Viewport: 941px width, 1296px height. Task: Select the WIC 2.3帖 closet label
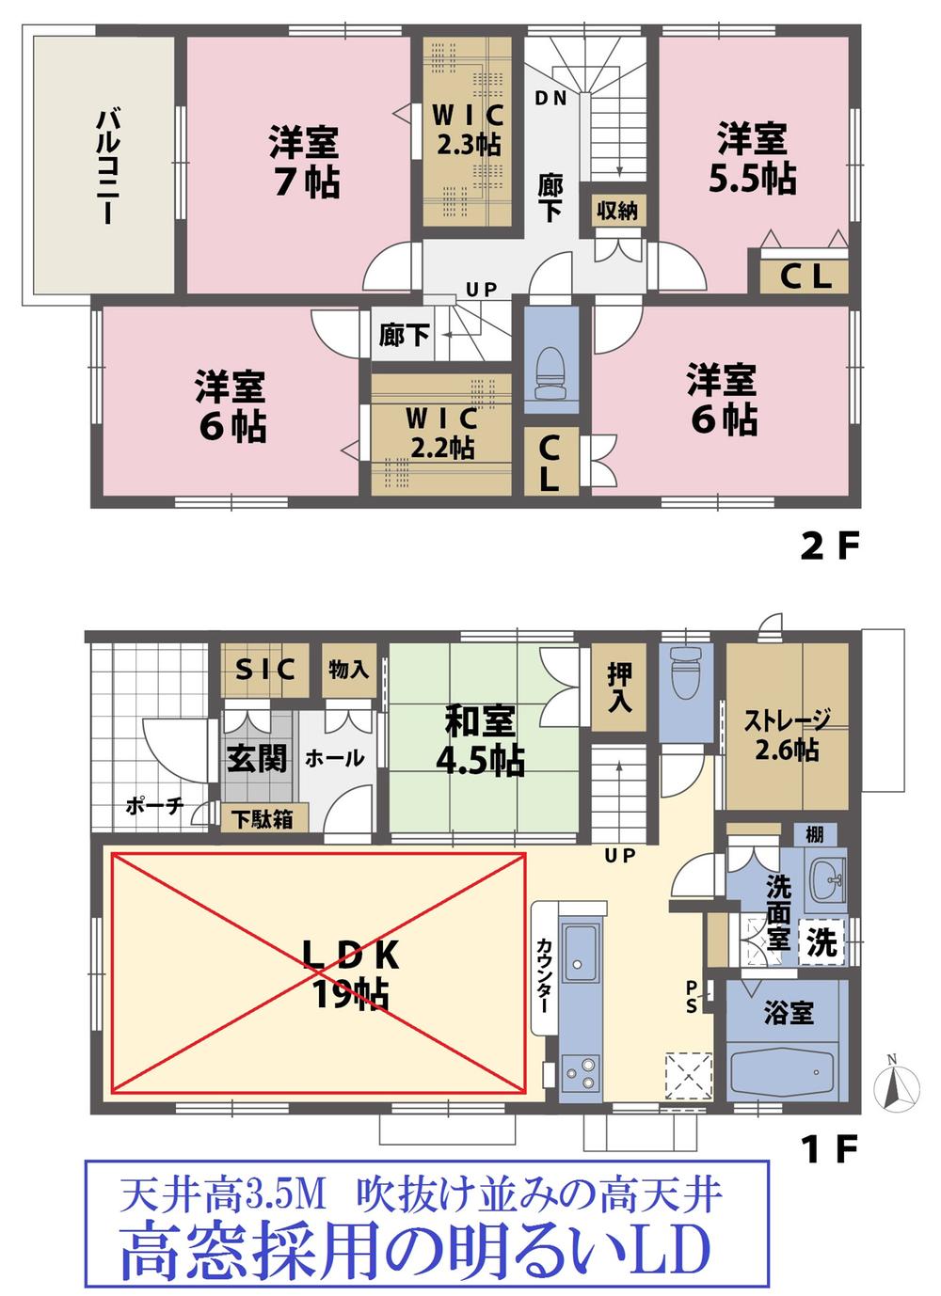(x=467, y=130)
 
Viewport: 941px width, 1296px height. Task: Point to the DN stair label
(x=550, y=98)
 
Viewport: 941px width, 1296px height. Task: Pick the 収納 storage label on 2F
(x=617, y=211)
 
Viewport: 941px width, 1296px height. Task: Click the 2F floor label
(x=830, y=546)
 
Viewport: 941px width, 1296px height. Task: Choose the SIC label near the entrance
(x=265, y=670)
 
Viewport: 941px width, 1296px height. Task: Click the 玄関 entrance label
(x=257, y=757)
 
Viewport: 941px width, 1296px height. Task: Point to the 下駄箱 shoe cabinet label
(x=263, y=818)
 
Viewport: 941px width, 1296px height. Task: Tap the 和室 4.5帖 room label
(x=480, y=740)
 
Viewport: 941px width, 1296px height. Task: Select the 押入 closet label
(x=619, y=688)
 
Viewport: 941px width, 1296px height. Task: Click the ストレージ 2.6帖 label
(x=787, y=735)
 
